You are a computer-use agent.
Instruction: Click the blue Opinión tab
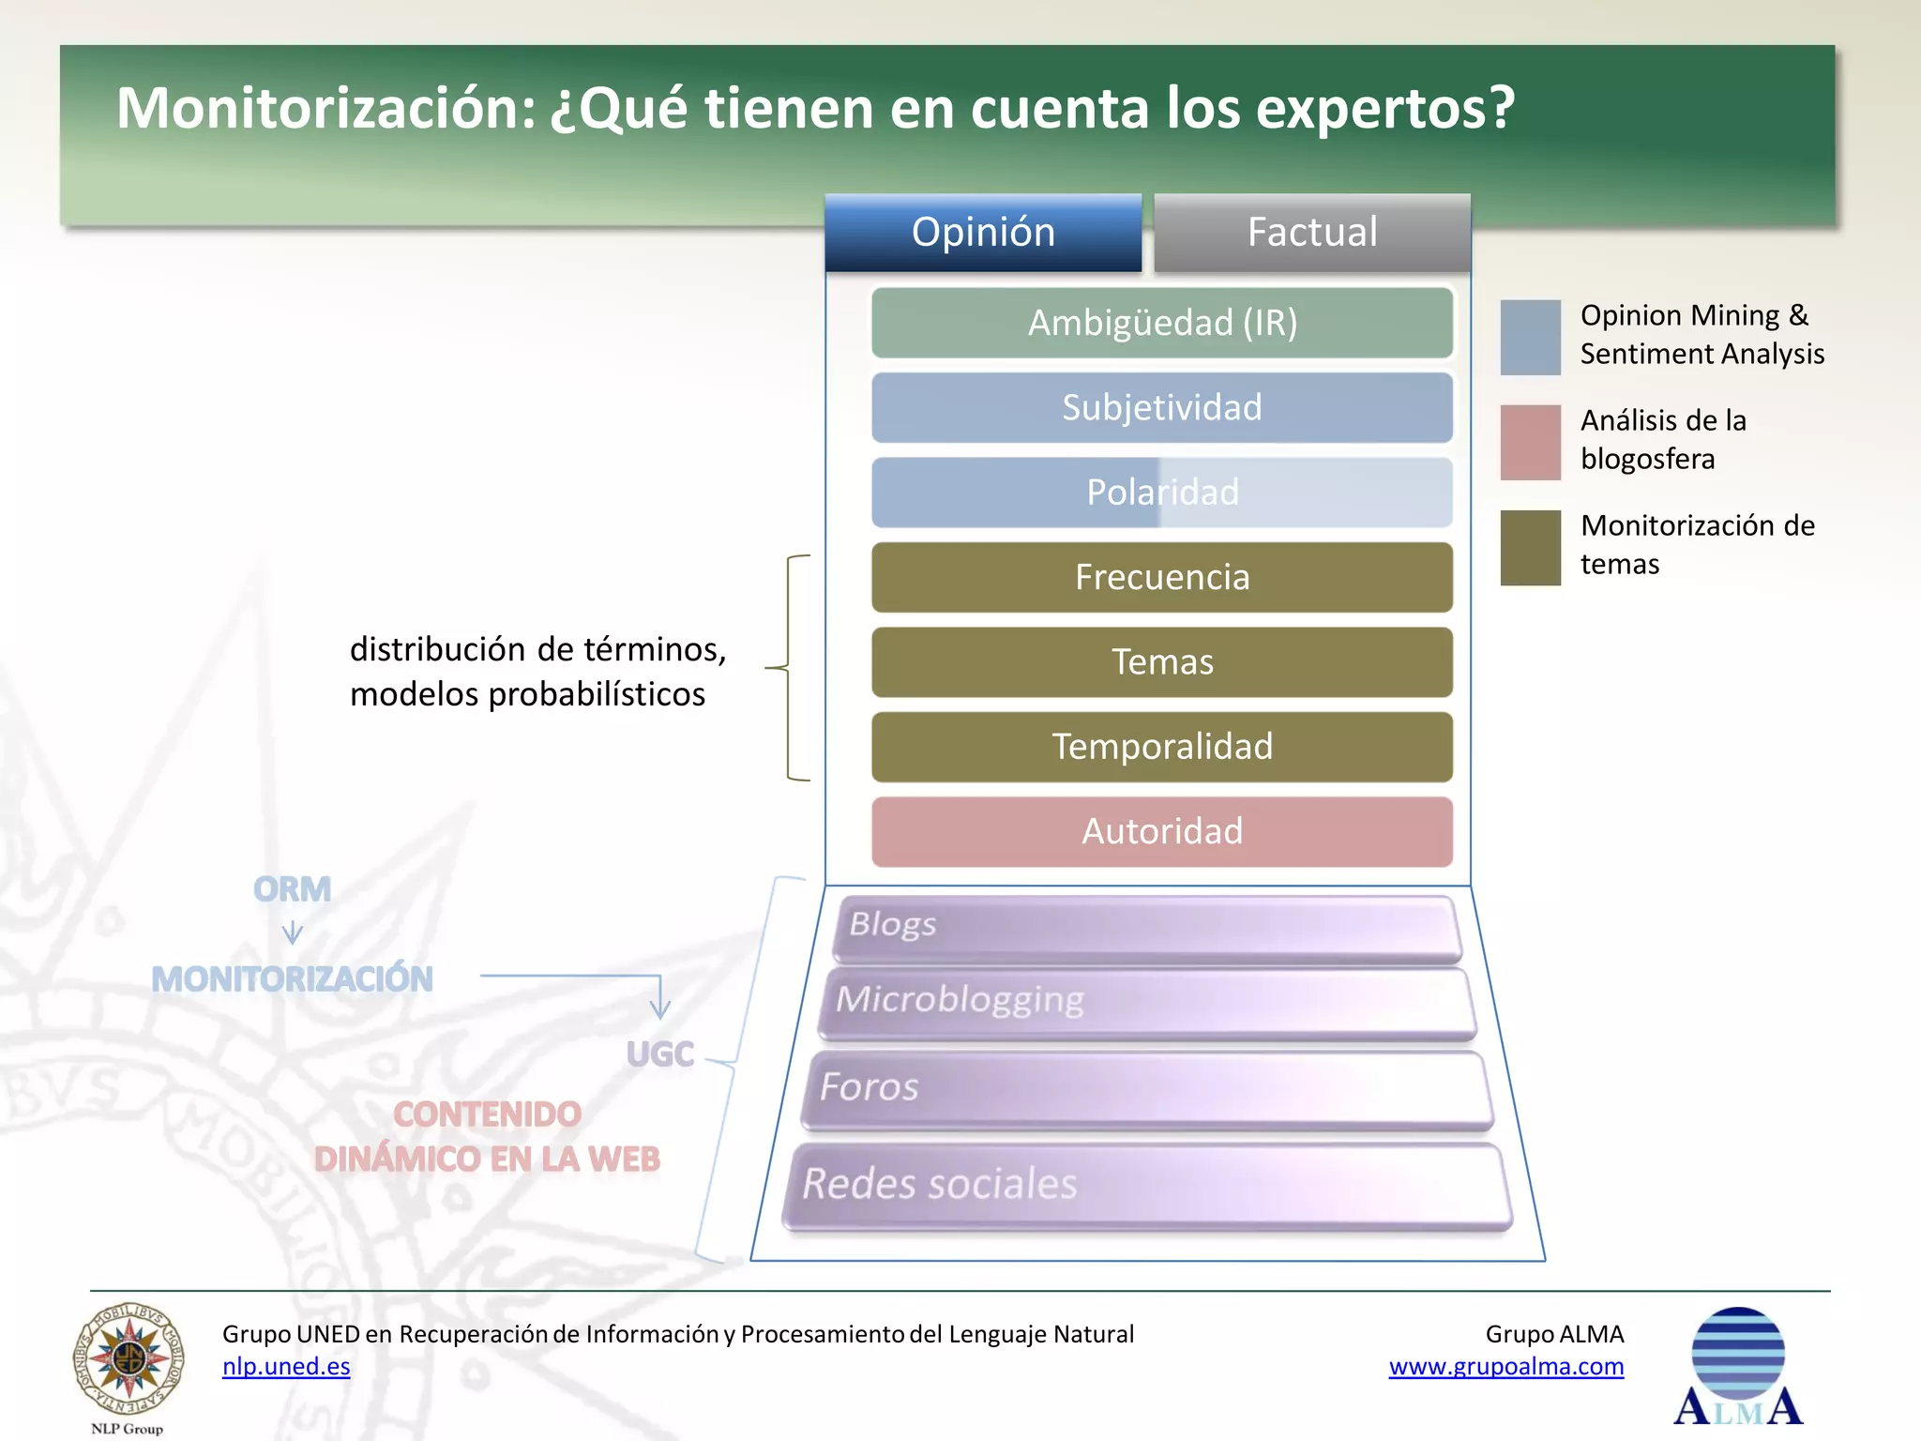(983, 233)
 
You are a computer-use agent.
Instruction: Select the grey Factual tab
(1311, 233)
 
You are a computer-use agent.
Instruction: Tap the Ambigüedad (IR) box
(1161, 323)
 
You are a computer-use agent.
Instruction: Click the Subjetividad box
(1161, 408)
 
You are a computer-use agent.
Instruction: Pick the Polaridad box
(1161, 493)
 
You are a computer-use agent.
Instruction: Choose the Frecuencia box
(1161, 577)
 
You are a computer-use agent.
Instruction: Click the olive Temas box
(1161, 662)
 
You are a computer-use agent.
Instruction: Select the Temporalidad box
(1161, 747)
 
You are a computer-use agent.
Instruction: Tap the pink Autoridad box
(1161, 831)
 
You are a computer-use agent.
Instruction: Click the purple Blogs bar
(1146, 928)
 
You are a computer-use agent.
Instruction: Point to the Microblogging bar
(1146, 1003)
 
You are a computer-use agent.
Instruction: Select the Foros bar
(1146, 1089)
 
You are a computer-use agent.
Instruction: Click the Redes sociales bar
(1146, 1185)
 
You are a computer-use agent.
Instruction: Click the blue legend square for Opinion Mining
(1530, 337)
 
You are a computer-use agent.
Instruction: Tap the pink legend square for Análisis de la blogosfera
(1530, 442)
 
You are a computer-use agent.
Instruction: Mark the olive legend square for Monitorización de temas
(1530, 548)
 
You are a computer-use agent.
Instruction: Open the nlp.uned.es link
(286, 1367)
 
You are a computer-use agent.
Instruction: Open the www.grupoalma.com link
(1505, 1367)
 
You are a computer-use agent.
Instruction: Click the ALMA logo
(1738, 1366)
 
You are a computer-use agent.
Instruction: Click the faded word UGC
(660, 1054)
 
